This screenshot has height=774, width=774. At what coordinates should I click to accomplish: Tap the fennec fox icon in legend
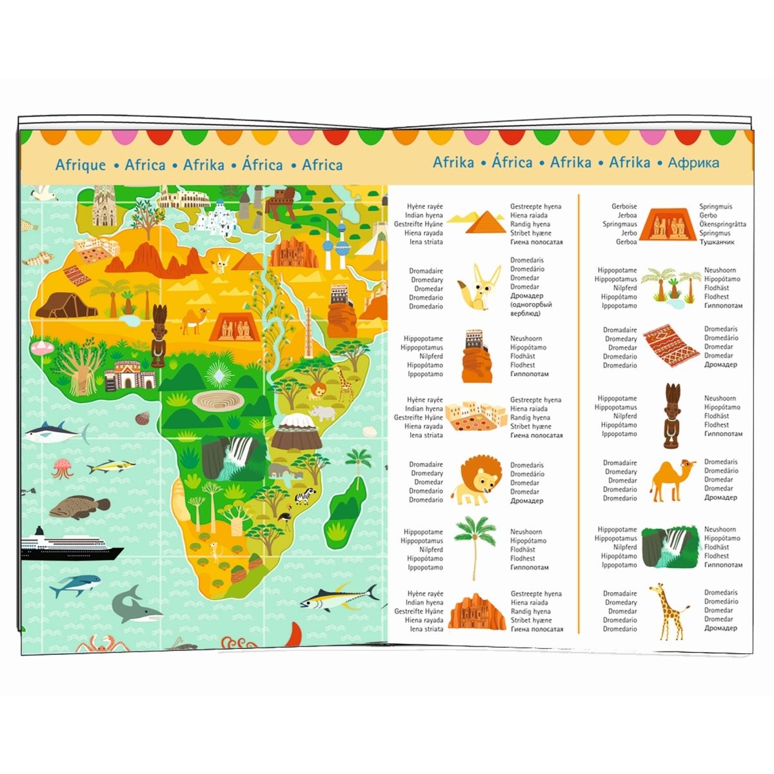pos(477,288)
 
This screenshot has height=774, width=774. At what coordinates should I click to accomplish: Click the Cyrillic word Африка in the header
pos(693,163)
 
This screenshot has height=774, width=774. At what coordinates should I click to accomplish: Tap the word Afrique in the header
pos(81,164)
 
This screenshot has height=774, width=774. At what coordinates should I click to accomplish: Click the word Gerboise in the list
pos(624,206)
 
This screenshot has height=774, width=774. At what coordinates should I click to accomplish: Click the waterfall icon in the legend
pos(671,548)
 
